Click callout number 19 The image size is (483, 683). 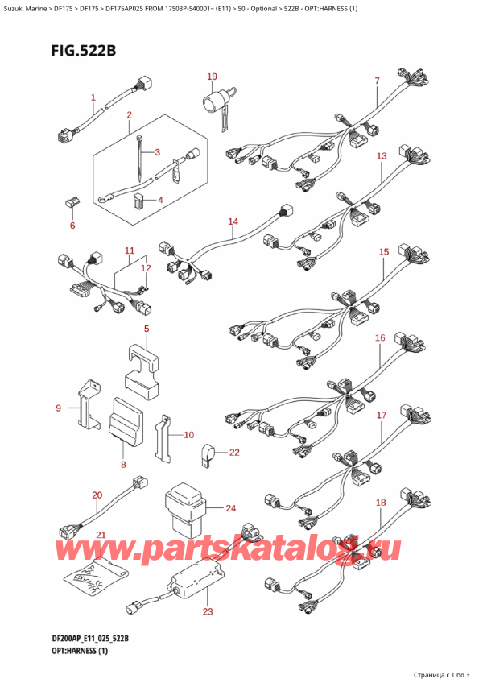point(212,77)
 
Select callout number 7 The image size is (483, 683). point(377,81)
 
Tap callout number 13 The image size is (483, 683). point(381,155)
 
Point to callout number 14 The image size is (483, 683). point(233,221)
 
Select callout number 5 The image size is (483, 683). point(147,329)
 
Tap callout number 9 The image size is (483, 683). point(58,408)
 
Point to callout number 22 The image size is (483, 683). point(233,453)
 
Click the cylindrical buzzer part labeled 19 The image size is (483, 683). point(215,103)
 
